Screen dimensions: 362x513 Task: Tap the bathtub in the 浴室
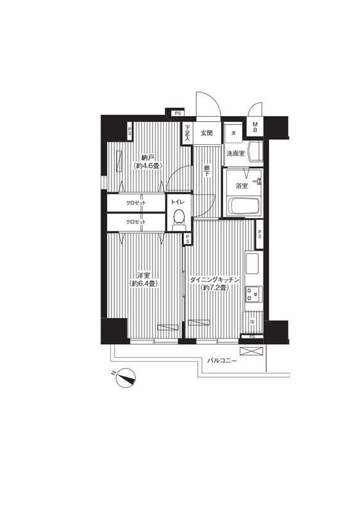pos(243,206)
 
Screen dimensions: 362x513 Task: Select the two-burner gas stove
pos(254,294)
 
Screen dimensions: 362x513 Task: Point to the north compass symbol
pos(125,378)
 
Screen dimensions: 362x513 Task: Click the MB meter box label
pos(255,127)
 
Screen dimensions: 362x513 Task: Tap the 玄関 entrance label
pos(206,133)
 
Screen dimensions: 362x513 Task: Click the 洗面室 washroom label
pos(235,153)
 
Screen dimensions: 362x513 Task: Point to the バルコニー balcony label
pos(222,361)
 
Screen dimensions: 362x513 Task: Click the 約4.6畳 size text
pos(148,166)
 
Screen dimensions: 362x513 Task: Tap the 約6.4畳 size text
pos(144,283)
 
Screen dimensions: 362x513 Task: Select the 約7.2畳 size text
pos(215,287)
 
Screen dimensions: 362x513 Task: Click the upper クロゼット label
pos(136,203)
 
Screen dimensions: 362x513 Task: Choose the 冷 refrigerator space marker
pos(252,322)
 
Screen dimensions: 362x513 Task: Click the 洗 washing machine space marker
pos(233,133)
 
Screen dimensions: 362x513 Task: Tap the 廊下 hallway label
pos(207,171)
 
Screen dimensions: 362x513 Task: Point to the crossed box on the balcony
pos(251,351)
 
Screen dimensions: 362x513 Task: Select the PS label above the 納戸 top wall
pos(177,114)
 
